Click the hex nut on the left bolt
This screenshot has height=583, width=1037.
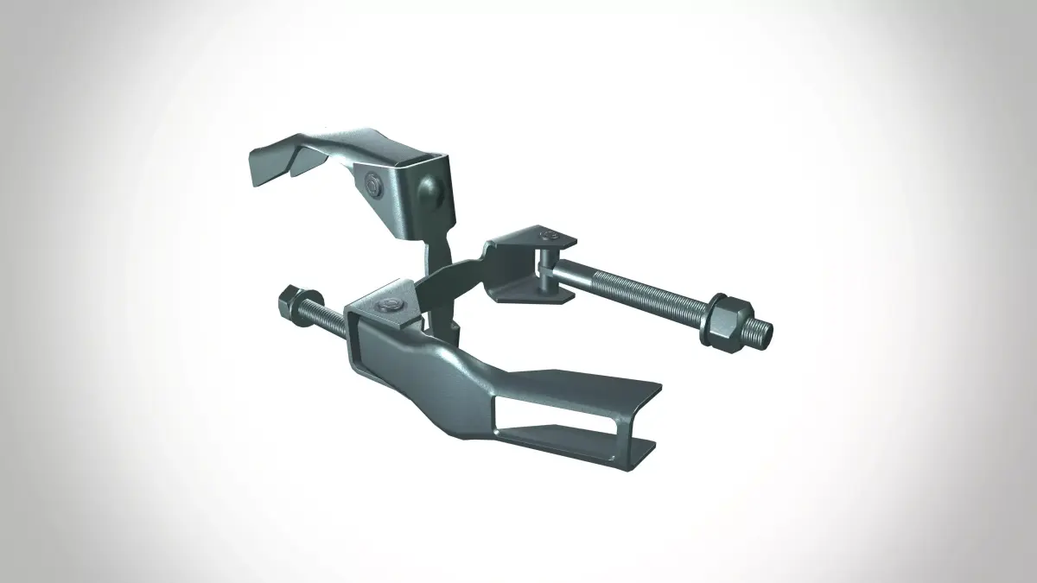(288, 304)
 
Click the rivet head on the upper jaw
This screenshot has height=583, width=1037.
(374, 183)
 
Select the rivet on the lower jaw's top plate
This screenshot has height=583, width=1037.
(390, 304)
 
